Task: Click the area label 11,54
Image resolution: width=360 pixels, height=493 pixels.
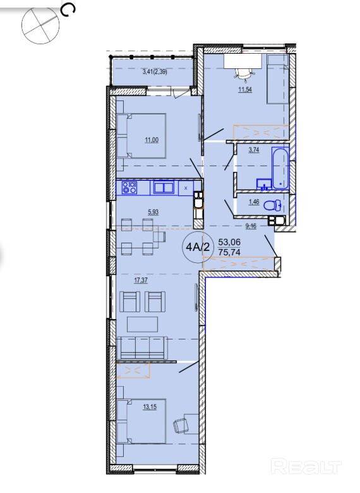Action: [x=245, y=90]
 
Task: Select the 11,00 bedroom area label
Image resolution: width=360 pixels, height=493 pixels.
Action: [x=152, y=140]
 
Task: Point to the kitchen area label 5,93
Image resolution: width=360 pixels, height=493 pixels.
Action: [x=153, y=212]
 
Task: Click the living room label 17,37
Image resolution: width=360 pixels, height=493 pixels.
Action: [x=141, y=280]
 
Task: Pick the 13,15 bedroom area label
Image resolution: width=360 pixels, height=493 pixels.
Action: [x=150, y=407]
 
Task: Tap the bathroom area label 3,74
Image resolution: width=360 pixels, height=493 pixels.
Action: [x=254, y=150]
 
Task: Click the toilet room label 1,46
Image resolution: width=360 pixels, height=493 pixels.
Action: [x=254, y=202]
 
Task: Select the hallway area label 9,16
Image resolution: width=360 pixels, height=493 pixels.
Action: [x=251, y=226]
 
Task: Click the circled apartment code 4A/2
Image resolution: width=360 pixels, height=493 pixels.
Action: [x=198, y=246]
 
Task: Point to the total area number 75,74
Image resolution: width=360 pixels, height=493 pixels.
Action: [x=229, y=252]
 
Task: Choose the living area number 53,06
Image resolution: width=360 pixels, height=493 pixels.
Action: [x=229, y=242]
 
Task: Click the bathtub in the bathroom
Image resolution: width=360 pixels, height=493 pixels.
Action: [x=280, y=169]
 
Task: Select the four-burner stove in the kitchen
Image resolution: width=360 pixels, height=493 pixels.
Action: [x=129, y=187]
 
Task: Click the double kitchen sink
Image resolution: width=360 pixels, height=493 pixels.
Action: [x=164, y=188]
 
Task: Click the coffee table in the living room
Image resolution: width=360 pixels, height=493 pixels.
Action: [x=142, y=324]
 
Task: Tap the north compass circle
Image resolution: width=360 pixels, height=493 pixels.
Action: [x=40, y=25]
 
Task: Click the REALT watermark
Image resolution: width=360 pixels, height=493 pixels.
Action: [x=306, y=466]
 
